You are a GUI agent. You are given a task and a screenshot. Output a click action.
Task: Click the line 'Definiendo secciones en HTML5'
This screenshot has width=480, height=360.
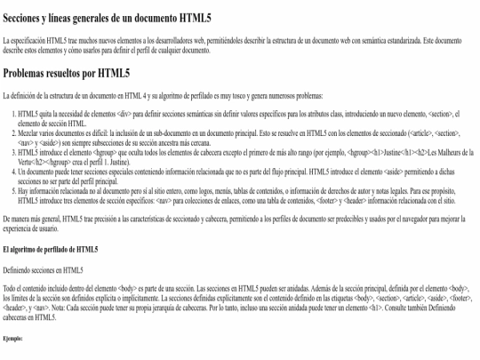tap(43, 268)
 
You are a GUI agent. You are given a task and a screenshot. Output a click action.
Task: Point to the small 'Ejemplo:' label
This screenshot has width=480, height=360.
tap(14, 338)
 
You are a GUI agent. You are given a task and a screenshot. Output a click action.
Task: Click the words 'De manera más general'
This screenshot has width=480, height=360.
tap(32, 217)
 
